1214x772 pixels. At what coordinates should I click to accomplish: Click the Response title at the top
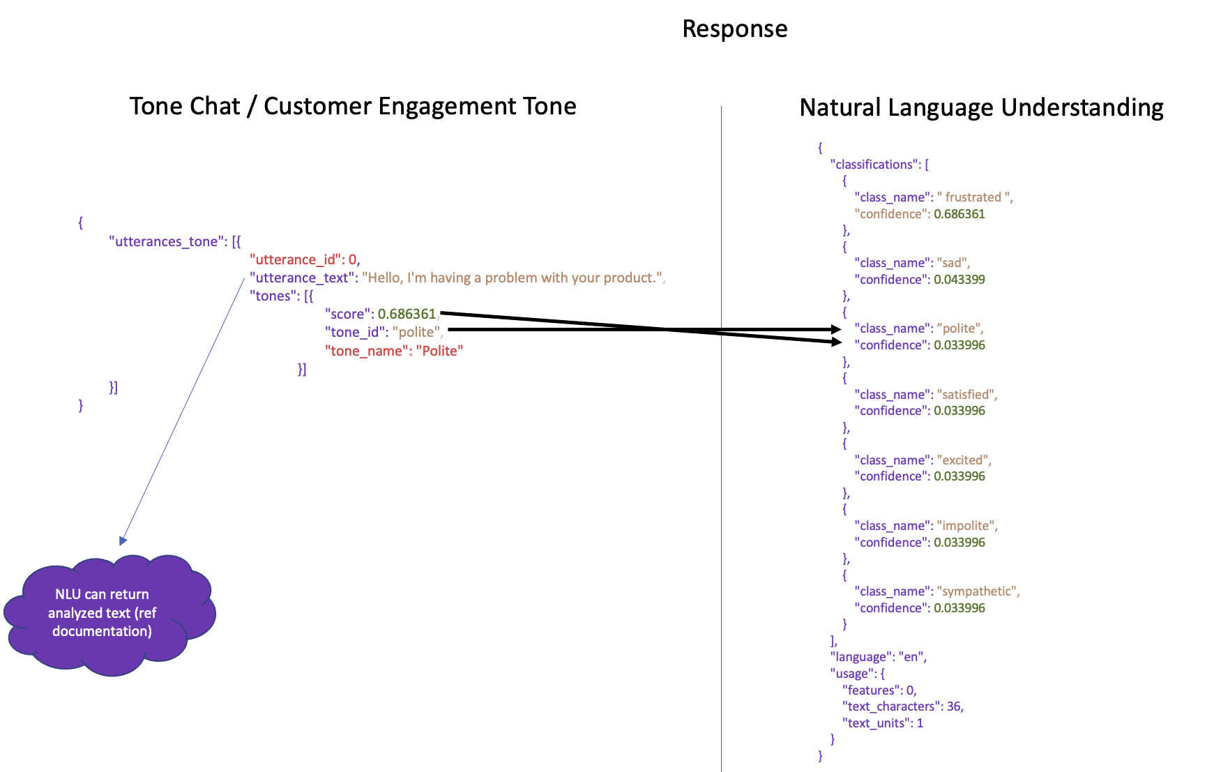tap(734, 29)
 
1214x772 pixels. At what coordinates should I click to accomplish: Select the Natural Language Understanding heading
tap(980, 108)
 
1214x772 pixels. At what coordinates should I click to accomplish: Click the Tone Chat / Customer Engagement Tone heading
tap(353, 107)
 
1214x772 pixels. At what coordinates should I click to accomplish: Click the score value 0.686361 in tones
tap(407, 315)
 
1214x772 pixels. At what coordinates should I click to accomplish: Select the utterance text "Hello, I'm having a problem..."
tap(513, 278)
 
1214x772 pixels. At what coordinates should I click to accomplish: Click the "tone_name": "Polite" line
tap(394, 351)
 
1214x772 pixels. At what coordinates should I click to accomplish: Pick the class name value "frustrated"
tap(974, 197)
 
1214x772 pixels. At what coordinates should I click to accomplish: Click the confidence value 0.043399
tap(959, 280)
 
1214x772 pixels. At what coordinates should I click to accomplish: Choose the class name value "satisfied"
tap(966, 395)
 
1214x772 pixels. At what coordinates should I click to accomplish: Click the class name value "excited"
tap(963, 460)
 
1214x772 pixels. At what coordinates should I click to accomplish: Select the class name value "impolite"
tap(966, 526)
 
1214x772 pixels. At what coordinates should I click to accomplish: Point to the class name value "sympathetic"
tap(978, 591)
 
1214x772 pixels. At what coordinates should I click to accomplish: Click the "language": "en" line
tap(878, 657)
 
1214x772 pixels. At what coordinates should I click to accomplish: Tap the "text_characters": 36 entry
tap(902, 706)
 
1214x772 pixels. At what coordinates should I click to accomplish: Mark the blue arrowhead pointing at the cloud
tap(123, 540)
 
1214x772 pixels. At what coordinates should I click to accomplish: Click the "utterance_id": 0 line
tap(305, 260)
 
